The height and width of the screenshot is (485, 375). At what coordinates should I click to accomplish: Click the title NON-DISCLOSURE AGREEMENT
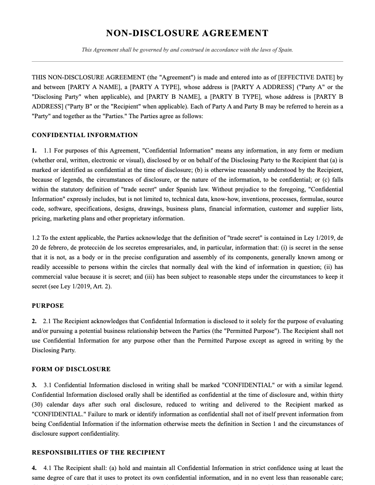[x=187, y=34]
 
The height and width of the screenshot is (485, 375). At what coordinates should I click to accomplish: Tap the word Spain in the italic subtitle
[x=285, y=50]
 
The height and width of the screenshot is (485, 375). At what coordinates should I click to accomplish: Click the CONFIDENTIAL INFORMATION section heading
[x=85, y=135]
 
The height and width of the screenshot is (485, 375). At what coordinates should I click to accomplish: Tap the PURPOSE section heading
[x=48, y=306]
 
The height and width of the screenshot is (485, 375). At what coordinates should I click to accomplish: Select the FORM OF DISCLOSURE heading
[x=71, y=369]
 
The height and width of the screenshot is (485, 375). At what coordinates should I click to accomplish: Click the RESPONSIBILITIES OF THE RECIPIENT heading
[x=98, y=452]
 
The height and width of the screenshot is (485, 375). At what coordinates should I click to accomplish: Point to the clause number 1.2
[x=36, y=238]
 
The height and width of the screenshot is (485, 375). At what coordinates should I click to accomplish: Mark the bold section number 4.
[x=34, y=468]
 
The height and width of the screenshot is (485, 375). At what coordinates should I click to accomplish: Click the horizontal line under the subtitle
[x=187, y=61]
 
